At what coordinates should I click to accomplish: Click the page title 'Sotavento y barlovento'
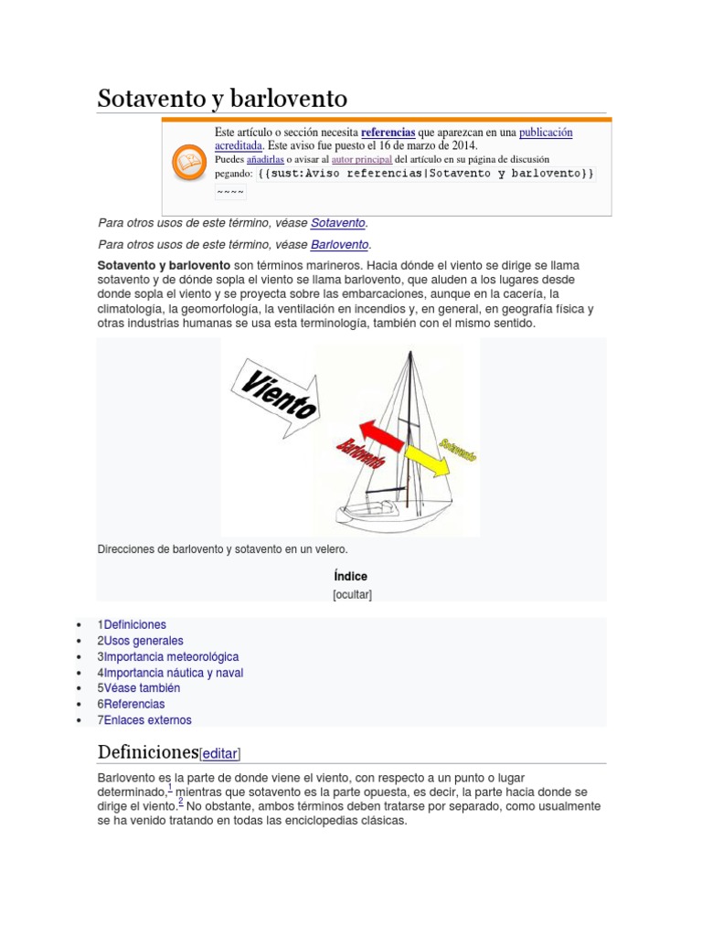[x=222, y=99]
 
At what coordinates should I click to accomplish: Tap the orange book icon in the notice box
[x=189, y=164]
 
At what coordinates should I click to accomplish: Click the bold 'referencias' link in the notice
[x=388, y=133]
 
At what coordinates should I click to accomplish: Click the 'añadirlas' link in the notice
[x=265, y=159]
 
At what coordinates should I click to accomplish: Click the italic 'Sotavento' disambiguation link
[x=337, y=223]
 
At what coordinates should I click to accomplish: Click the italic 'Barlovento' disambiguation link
[x=339, y=244]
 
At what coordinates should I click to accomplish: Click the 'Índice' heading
[x=351, y=576]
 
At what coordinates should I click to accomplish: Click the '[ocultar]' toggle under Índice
[x=351, y=594]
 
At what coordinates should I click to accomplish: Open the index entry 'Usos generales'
[x=144, y=641]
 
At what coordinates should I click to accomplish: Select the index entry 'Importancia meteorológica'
[x=171, y=656]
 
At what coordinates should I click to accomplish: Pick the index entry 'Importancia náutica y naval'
[x=174, y=673]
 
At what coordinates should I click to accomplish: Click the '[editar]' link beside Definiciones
[x=219, y=754]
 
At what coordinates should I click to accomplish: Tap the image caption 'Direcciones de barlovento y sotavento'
[x=222, y=549]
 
